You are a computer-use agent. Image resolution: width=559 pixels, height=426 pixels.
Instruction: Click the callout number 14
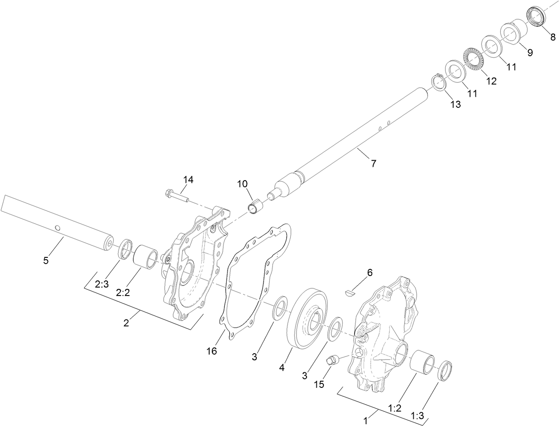click(x=188, y=179)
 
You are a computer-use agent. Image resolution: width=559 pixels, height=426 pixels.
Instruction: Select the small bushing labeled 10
click(x=255, y=207)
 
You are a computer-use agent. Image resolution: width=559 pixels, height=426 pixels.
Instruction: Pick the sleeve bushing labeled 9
click(x=514, y=31)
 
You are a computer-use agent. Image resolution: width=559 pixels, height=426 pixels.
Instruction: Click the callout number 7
click(x=373, y=163)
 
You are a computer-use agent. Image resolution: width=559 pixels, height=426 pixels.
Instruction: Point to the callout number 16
click(x=212, y=351)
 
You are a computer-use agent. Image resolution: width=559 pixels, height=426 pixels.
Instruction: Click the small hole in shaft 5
click(x=57, y=228)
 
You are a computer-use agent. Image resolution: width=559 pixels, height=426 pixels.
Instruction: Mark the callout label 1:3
click(x=418, y=416)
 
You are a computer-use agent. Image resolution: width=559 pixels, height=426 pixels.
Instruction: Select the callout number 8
click(x=552, y=37)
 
